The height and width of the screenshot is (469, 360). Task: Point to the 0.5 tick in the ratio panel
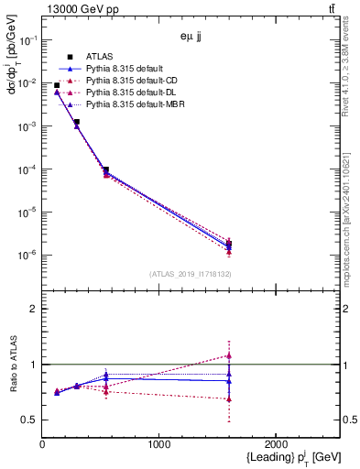click(29, 420)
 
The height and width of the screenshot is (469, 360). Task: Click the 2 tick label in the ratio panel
click(33, 309)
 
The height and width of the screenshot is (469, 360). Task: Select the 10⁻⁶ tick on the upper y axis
click(27, 255)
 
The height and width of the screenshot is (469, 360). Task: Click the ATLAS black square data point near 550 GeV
click(106, 170)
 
